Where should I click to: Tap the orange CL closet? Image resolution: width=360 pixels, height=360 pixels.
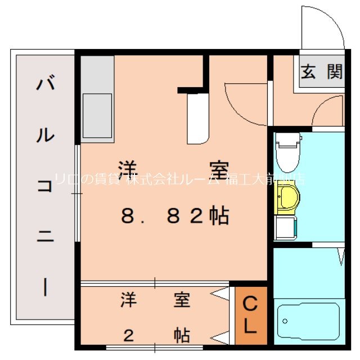(x=250, y=316)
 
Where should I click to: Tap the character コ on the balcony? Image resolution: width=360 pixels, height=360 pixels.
(x=45, y=187)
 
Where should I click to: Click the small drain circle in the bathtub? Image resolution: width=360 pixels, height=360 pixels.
(x=286, y=321)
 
